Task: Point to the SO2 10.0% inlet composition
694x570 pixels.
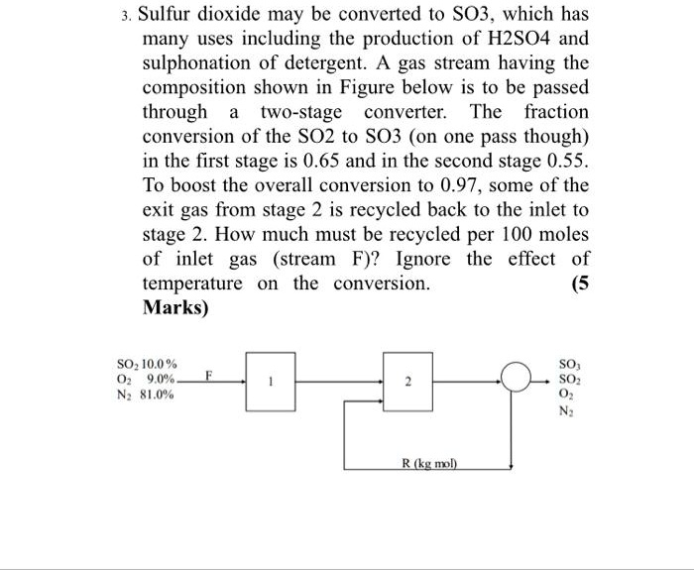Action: click(146, 365)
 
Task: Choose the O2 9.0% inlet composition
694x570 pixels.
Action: click(146, 380)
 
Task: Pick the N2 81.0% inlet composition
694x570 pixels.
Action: click(146, 395)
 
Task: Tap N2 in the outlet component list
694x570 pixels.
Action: click(571, 409)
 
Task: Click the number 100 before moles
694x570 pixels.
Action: click(505, 234)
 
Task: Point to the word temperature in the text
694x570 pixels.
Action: click(192, 283)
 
